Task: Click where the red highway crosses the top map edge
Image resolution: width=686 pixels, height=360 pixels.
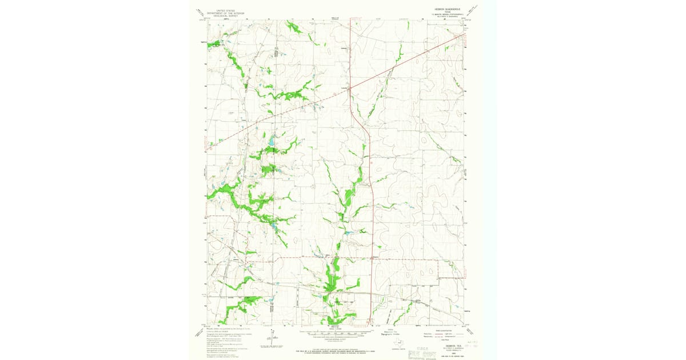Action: click(x=349, y=21)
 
